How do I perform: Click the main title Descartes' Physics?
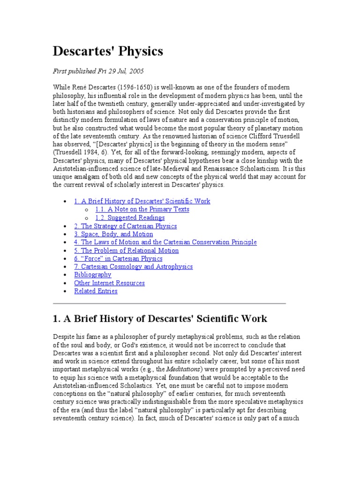[x=108, y=51]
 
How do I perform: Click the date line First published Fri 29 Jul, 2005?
[x=98, y=71]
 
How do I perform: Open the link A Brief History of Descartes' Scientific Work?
[x=142, y=201]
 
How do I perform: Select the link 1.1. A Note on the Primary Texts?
[x=142, y=210]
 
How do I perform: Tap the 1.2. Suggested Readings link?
[x=130, y=217]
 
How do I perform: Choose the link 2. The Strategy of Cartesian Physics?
[x=125, y=226]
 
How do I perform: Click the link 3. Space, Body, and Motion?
[x=113, y=234]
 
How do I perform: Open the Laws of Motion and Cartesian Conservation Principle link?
[x=165, y=242]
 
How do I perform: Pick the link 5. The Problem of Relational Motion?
[x=126, y=250]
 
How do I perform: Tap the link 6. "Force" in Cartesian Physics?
[x=118, y=258]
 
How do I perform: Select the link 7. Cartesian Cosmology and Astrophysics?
[x=133, y=267]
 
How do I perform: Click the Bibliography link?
[x=92, y=275]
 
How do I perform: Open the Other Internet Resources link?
[x=109, y=283]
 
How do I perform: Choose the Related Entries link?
[x=96, y=291]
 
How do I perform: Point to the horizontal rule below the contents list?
[x=169, y=303]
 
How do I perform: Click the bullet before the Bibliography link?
[x=64, y=275]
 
